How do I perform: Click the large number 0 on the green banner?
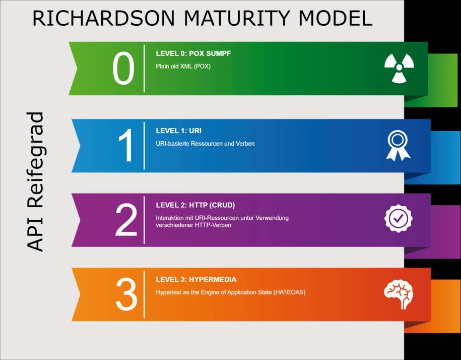pos(123,68)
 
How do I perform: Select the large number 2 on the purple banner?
pos(126,220)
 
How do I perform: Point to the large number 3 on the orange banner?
pos(126,294)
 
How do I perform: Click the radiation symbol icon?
pos(399,68)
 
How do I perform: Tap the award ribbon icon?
pos(398,145)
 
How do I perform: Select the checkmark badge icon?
pos(399,218)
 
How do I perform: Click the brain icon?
pos(399,294)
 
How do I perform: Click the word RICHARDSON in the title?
pos(103,18)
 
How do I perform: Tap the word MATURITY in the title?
pos(236,18)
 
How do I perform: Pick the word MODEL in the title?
pos(335,18)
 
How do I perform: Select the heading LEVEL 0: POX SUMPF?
pos(193,53)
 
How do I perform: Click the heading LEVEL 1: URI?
pos(178,131)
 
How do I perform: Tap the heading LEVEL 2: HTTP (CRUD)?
pos(195,205)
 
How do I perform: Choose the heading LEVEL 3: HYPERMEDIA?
pos(196,279)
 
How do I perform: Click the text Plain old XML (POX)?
pos(183,66)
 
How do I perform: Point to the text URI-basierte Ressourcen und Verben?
pos(205,144)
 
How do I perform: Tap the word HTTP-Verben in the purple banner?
pos(213,225)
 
